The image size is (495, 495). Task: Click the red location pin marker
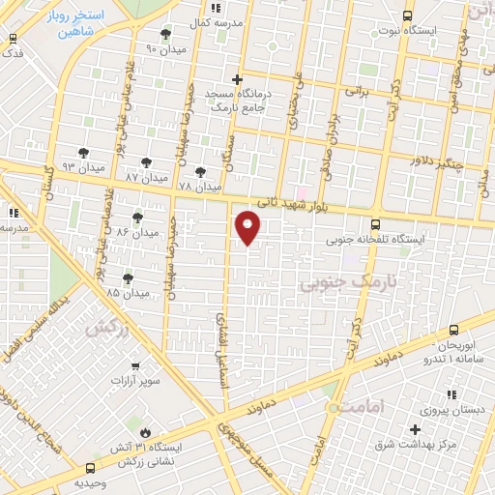tap(248, 227)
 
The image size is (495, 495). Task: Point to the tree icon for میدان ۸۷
tap(146, 163)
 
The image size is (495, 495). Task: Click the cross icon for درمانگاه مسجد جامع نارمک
tap(237, 79)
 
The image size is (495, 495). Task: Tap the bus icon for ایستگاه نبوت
tap(406, 15)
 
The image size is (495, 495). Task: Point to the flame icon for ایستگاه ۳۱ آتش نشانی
tap(145, 432)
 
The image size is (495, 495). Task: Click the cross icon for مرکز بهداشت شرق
tap(416, 429)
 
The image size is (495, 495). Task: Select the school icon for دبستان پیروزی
tap(451, 394)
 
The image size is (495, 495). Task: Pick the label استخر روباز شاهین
tap(98, 23)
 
